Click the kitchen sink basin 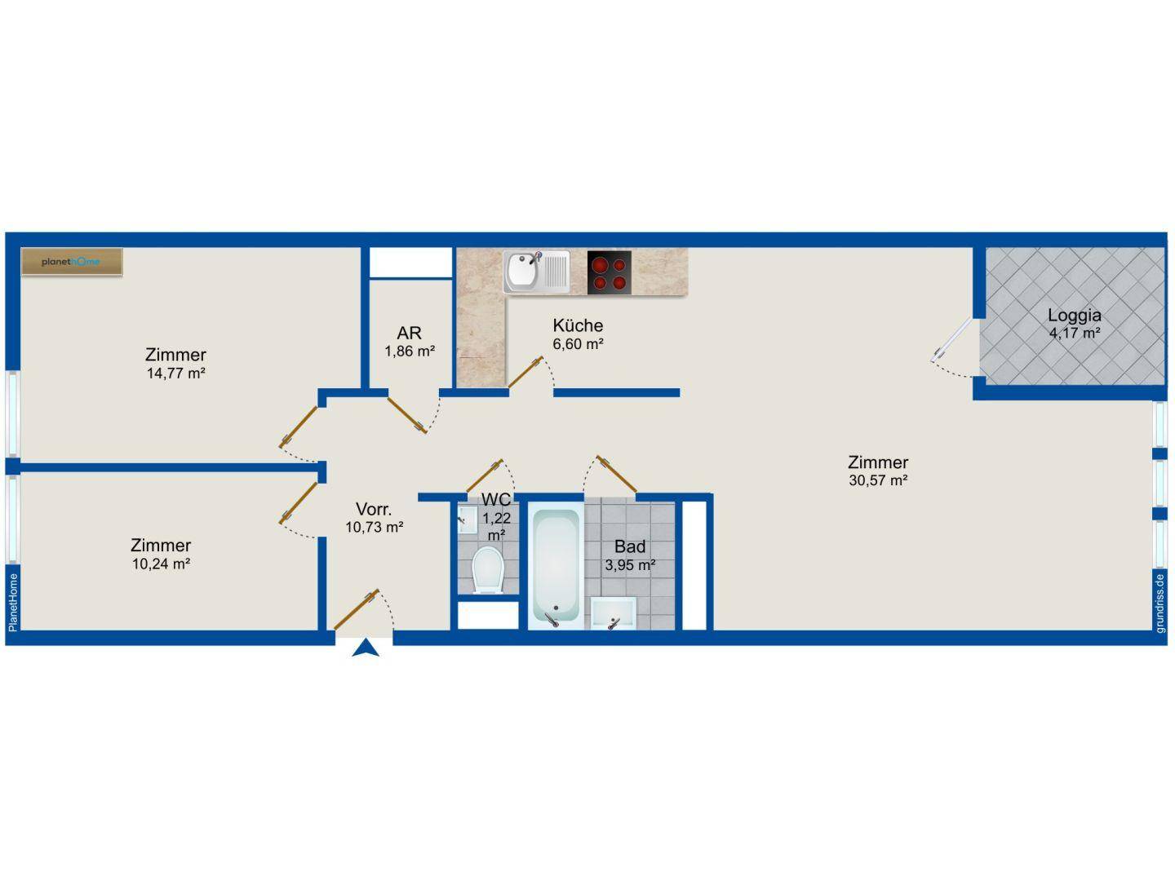coord(521,272)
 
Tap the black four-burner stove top coord(610,273)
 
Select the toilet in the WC coord(487,570)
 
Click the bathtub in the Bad coord(556,567)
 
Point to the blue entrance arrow coord(366,648)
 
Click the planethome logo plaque coord(72,262)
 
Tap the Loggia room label coord(1074,315)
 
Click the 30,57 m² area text coord(878,480)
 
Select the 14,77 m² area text coord(176,373)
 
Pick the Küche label coord(578,325)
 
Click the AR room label coord(409,334)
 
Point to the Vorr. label coord(374,509)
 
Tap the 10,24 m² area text coord(161,564)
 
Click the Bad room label coord(629,546)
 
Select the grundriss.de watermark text coord(1160,604)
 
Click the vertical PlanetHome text coord(13,603)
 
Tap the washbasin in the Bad coord(614,613)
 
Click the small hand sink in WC coord(467,520)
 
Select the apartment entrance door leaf coord(357,609)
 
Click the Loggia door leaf coord(951,340)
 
